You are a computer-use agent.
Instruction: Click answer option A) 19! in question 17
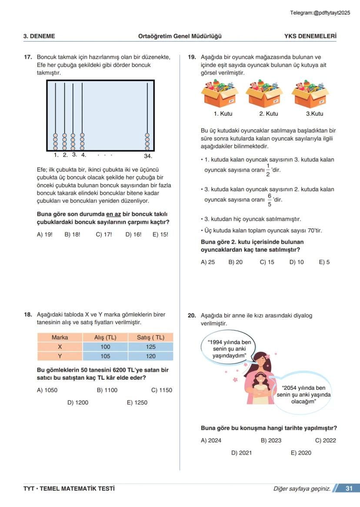point(45,234)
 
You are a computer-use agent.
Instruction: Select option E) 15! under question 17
point(160,234)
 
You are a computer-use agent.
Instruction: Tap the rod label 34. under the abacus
point(148,156)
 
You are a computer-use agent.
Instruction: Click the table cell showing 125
point(150,347)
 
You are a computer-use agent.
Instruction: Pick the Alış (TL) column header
point(105,338)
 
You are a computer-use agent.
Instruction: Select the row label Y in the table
point(60,356)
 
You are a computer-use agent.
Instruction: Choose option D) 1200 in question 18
point(78,402)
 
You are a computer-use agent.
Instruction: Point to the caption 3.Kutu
point(314,114)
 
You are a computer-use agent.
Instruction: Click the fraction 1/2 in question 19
point(268,170)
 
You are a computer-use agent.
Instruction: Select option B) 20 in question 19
point(235,262)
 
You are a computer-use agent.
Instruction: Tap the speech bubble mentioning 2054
point(303,394)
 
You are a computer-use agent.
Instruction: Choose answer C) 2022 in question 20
point(326,440)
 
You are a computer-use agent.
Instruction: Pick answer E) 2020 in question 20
point(301,452)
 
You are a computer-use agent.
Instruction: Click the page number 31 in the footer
point(349,488)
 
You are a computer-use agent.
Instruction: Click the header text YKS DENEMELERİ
point(310,36)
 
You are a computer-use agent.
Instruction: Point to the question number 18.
point(28,315)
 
